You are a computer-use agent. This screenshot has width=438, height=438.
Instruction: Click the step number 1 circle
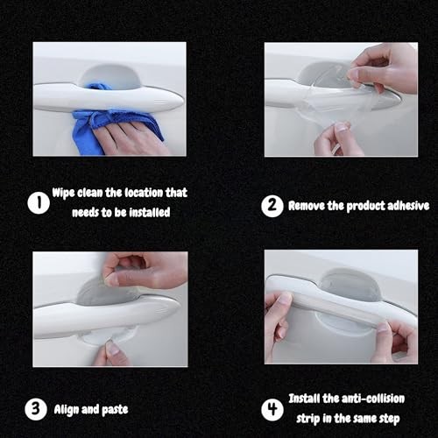click(39, 203)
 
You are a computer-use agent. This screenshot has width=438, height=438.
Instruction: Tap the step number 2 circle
click(272, 206)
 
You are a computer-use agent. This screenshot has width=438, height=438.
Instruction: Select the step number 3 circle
click(36, 409)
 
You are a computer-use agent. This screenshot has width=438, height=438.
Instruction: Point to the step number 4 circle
click(272, 409)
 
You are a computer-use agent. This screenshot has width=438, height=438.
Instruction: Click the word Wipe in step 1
click(63, 193)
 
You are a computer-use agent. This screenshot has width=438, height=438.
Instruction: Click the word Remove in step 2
click(307, 206)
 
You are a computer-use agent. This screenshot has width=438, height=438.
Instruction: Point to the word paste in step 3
click(115, 410)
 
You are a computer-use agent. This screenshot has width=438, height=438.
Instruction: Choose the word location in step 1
click(144, 193)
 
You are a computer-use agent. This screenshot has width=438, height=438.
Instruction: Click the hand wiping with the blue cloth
click(129, 138)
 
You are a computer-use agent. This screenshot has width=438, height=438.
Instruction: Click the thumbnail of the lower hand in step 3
click(111, 348)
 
